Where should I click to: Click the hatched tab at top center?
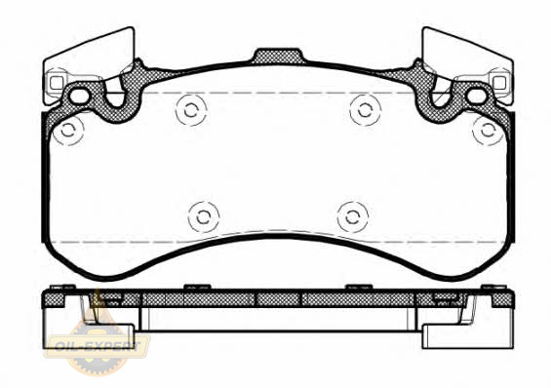278,57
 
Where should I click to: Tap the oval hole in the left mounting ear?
79,97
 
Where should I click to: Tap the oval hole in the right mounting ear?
477,97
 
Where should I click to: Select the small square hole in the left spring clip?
56,83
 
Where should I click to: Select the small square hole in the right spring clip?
499,83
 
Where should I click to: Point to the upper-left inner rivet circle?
191,110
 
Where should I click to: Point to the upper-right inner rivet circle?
365,110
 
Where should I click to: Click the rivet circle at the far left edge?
69,131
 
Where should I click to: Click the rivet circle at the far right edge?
488,131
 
